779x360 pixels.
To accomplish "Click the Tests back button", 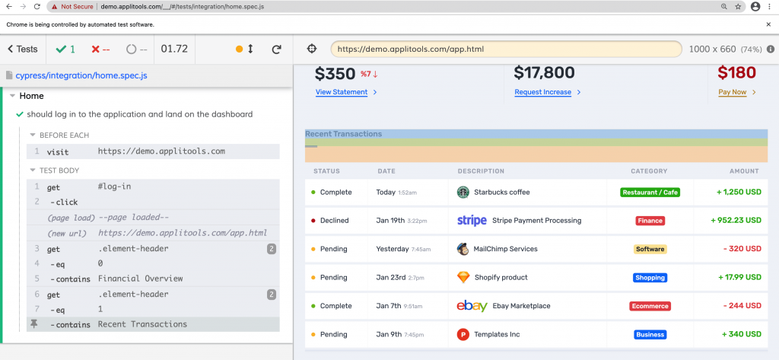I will pos(22,49).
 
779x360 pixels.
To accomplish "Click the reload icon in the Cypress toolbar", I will pos(277,49).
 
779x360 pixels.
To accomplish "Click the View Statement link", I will pos(342,92).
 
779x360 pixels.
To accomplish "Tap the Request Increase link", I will pos(542,92).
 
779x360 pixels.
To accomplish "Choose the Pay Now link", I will pos(733,92).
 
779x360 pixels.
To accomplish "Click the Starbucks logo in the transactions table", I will pos(463,193).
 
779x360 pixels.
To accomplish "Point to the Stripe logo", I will pos(472,221).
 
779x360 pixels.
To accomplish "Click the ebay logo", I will pos(472,306).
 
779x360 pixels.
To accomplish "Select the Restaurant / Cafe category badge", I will pos(650,193).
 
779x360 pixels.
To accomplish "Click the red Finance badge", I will pos(650,221).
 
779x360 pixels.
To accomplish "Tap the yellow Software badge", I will pos(650,249).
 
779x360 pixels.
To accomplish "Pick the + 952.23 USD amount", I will pos(736,221).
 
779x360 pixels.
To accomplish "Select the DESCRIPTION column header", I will pos(481,171).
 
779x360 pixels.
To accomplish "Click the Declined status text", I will pos(334,221).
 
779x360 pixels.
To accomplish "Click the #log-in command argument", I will pos(114,186).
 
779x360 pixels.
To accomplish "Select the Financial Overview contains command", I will pos(140,279).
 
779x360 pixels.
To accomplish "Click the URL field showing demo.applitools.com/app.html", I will pos(506,49).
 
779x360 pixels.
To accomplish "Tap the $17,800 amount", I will pos(544,73).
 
